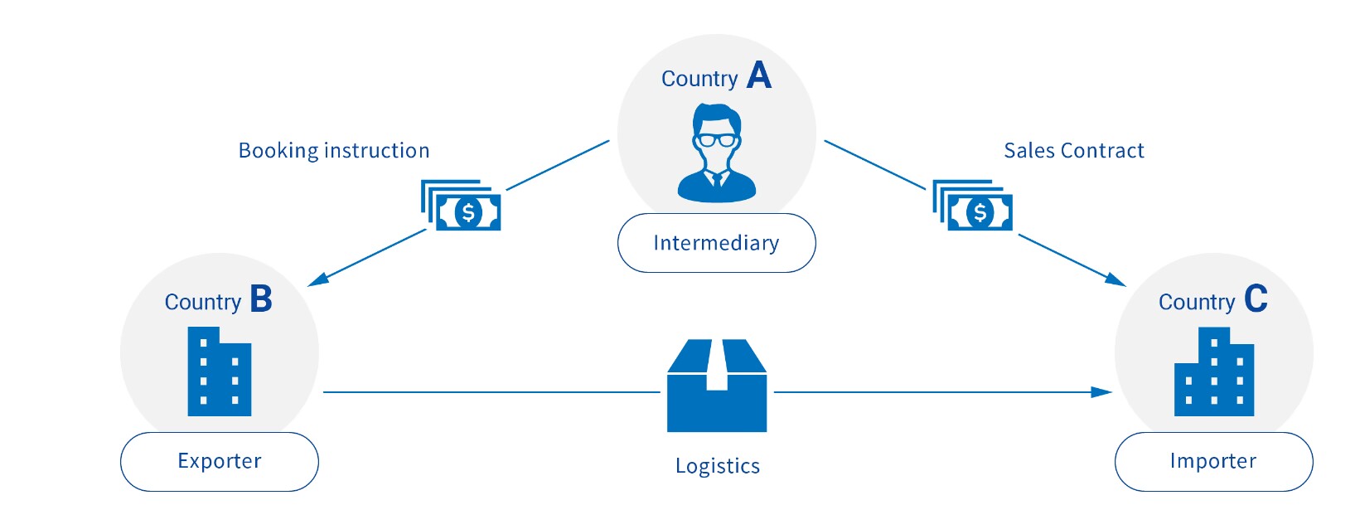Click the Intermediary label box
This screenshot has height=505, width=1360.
pos(716,243)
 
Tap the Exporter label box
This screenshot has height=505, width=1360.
pos(219,461)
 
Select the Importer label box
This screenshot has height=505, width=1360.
pos(1212,461)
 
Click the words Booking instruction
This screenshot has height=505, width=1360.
pos(334,151)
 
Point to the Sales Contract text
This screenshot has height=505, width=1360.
pos(1073,151)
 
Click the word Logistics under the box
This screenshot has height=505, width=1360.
pos(717,466)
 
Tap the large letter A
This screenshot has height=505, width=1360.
pos(758,75)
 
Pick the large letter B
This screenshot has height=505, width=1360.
pos(261,299)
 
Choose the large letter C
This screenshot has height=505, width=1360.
pos(1256,299)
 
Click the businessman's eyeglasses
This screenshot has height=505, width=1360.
pos(716,140)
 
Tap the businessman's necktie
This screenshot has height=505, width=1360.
pos(717,179)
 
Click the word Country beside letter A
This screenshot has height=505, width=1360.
pos(699,79)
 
